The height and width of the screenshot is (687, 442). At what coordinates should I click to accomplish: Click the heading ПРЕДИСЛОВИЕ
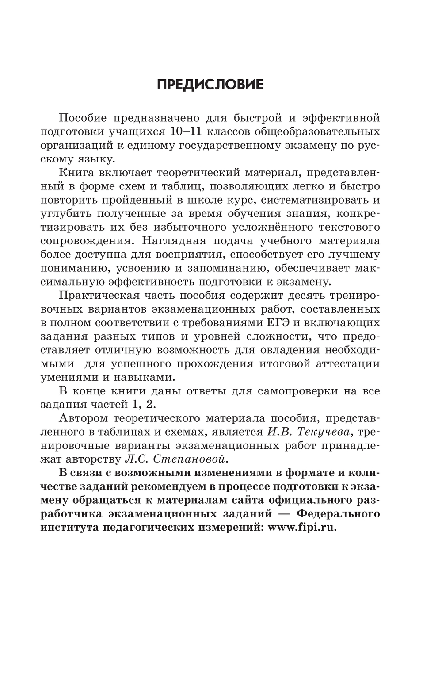click(210, 85)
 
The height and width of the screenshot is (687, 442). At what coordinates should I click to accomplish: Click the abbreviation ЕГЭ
click(277, 323)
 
